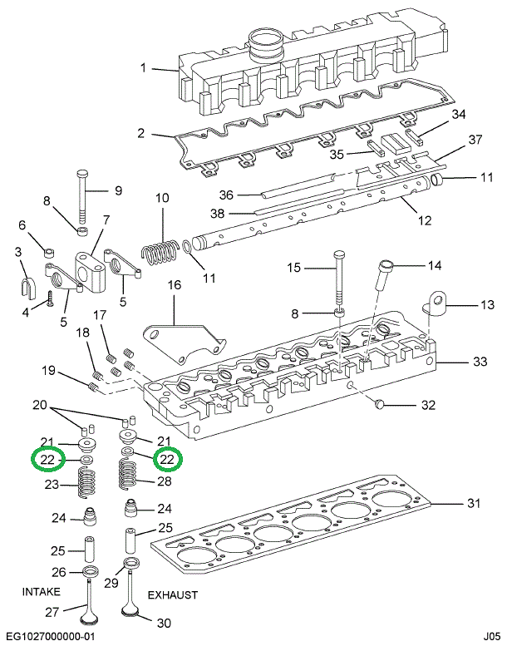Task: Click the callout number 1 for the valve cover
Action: (x=143, y=67)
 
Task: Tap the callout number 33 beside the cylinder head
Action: (x=479, y=362)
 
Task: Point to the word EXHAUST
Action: (x=173, y=595)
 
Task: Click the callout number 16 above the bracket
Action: (x=174, y=285)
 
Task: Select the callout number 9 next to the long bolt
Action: (x=117, y=190)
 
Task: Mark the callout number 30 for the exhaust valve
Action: (x=164, y=624)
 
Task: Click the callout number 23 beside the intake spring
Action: (x=51, y=485)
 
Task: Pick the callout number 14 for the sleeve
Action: (x=434, y=266)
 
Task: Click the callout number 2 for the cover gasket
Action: (x=141, y=133)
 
